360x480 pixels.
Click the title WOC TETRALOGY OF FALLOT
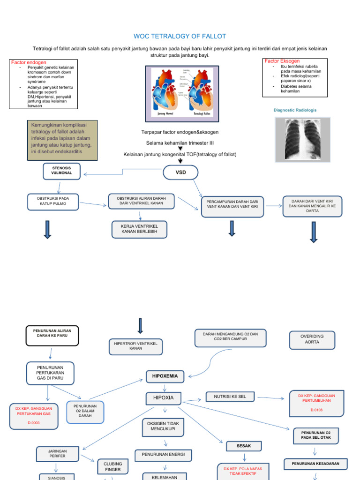tap(180, 36)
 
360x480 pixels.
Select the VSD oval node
tap(180, 172)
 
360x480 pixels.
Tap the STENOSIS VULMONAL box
tap(61, 172)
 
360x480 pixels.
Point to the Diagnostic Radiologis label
tap(295, 110)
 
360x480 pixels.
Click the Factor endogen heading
tap(29, 62)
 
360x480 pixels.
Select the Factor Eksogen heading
tap(282, 61)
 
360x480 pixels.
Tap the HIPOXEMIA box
tap(164, 375)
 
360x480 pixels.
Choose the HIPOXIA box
tap(164, 397)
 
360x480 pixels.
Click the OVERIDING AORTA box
tap(312, 339)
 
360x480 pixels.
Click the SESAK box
tap(244, 446)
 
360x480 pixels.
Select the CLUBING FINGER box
tap(112, 466)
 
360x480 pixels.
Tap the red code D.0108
tap(316, 410)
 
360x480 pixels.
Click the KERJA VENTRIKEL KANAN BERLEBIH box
tap(139, 229)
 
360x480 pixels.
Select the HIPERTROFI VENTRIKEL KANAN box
tap(135, 346)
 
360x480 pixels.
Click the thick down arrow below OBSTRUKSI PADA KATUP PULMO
tap(47, 230)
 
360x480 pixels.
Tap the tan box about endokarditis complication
tap(63, 139)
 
